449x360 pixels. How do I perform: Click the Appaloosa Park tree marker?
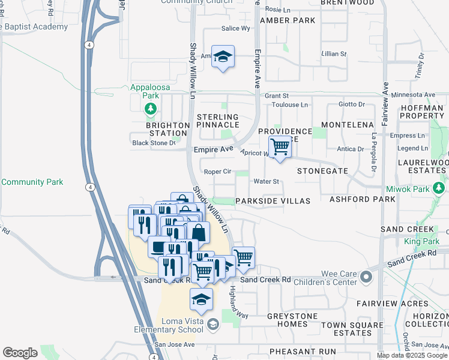click(150, 109)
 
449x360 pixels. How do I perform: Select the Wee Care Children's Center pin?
click(366, 277)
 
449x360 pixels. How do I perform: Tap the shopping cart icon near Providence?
click(280, 146)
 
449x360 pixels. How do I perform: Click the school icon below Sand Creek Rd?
click(202, 299)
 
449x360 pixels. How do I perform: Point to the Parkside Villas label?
click(273, 201)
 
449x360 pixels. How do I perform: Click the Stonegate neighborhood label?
click(322, 171)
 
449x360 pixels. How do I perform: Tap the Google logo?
click(20, 353)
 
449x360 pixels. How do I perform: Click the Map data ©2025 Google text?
click(412, 355)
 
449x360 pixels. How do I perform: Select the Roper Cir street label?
click(217, 172)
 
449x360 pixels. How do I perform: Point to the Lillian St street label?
click(334, 54)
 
